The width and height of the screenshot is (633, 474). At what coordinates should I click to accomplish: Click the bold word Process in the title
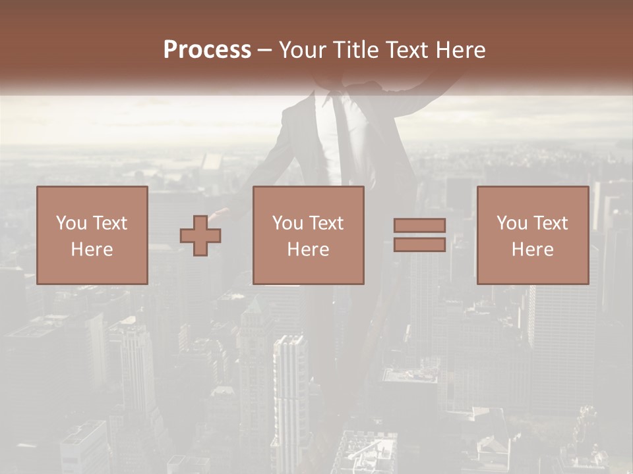[x=207, y=50]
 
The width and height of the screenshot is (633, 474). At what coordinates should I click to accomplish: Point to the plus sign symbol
[x=200, y=236]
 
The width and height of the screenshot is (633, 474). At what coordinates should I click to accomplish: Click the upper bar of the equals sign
[x=419, y=225]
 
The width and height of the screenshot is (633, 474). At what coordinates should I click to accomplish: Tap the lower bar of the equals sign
[x=419, y=244]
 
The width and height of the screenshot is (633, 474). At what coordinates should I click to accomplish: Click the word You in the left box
[x=71, y=223]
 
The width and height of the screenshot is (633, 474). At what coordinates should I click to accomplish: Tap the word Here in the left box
[x=92, y=250]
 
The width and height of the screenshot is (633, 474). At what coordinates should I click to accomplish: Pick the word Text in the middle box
[x=326, y=223]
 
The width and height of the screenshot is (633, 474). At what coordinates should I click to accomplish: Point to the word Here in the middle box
[x=308, y=250]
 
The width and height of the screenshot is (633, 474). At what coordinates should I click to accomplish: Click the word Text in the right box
[x=551, y=223]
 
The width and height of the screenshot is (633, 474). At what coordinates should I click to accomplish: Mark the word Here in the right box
[x=532, y=250]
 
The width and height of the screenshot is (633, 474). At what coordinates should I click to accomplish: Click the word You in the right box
[x=511, y=223]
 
